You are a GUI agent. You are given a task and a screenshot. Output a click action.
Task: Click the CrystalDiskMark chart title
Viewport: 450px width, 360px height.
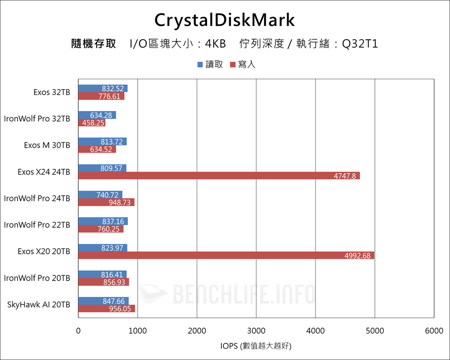pos(225,20)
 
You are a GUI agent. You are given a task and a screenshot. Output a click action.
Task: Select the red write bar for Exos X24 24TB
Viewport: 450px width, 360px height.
pos(219,176)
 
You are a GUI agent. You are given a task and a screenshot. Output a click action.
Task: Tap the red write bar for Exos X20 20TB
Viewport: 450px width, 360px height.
pos(226,256)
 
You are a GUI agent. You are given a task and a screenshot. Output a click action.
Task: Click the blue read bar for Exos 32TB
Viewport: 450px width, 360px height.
pos(103,88)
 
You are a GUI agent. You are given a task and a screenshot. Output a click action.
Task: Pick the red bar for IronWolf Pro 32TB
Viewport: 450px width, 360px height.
pos(91,123)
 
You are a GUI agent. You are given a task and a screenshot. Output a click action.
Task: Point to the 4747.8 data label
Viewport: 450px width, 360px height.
pos(345,176)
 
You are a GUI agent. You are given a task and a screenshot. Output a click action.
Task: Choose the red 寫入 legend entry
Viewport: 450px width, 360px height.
pos(243,64)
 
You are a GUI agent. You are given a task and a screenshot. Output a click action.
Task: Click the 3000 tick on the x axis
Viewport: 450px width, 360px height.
pos(256,331)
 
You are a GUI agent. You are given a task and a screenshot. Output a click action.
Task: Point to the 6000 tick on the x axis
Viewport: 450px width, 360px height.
pos(434,331)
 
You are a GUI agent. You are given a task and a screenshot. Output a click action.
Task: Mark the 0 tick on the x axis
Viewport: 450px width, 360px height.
pos(79,331)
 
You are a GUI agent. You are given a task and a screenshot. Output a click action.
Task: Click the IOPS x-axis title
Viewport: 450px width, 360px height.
pos(256,346)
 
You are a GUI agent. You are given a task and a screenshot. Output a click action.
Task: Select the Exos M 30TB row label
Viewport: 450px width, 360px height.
pos(47,145)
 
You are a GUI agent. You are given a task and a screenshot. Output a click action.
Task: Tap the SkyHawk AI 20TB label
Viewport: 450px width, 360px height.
pos(39,305)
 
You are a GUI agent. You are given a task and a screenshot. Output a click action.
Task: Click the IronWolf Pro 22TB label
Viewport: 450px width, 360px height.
pos(37,225)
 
